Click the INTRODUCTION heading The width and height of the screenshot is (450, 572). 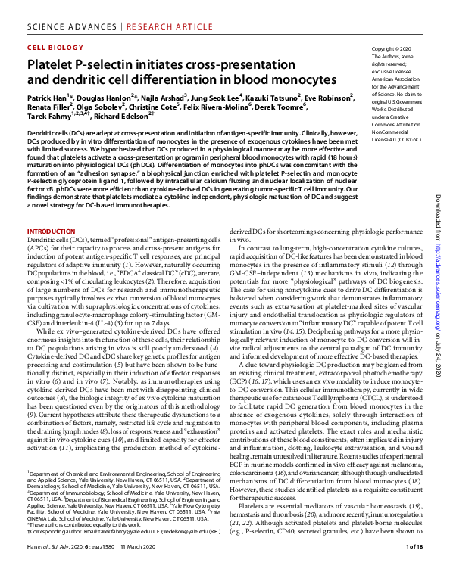(51, 230)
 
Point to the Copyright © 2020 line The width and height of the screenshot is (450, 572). (389, 48)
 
